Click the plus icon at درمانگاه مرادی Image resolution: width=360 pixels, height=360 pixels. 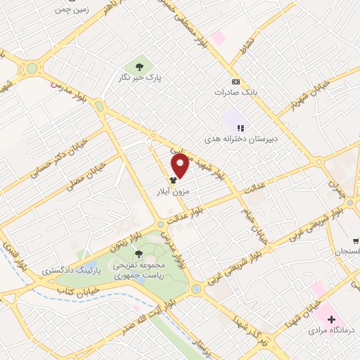(331, 320)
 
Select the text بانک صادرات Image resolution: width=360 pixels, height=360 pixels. (234, 92)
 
